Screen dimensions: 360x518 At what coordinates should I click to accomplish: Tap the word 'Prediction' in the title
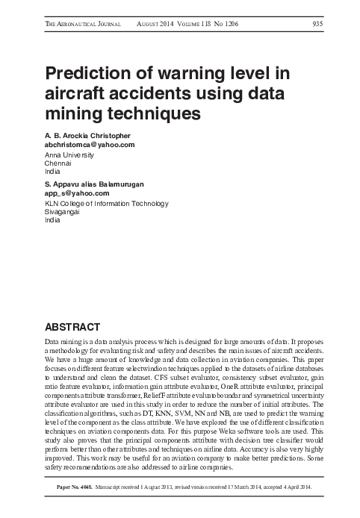coord(92,75)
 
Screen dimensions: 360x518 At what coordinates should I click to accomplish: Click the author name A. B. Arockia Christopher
coord(88,136)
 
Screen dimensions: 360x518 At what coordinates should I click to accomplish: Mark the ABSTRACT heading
coord(72,327)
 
